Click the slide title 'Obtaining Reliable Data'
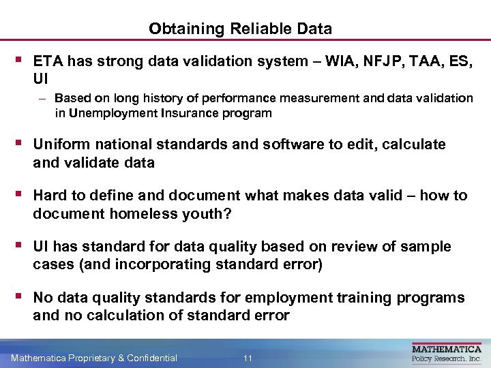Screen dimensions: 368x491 coord(240,29)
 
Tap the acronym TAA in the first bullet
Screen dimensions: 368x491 coord(419,61)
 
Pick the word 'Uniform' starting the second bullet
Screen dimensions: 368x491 coord(59,144)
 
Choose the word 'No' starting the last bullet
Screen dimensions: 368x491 coord(42,298)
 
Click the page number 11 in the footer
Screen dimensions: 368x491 coord(248,358)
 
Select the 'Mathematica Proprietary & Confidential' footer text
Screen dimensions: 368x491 coord(94,358)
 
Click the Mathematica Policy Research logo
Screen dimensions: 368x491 coord(447,352)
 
